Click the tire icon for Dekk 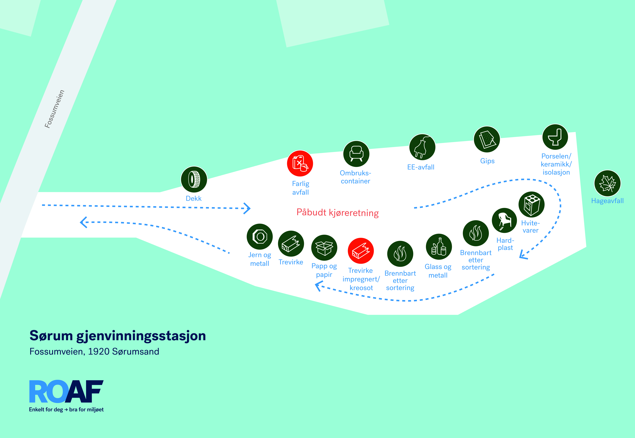[x=194, y=180]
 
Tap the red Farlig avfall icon [x=300, y=163]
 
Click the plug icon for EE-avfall [x=422, y=147]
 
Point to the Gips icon [x=487, y=139]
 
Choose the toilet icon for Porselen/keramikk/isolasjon [x=555, y=137]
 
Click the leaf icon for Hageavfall [x=607, y=183]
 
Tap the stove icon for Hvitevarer [x=531, y=204]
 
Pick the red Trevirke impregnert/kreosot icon [x=361, y=251]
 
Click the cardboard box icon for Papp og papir [x=324, y=248]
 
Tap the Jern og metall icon [x=260, y=237]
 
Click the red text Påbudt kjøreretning [x=338, y=213]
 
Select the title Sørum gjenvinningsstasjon [x=118, y=336]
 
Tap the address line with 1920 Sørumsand [x=94, y=352]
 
